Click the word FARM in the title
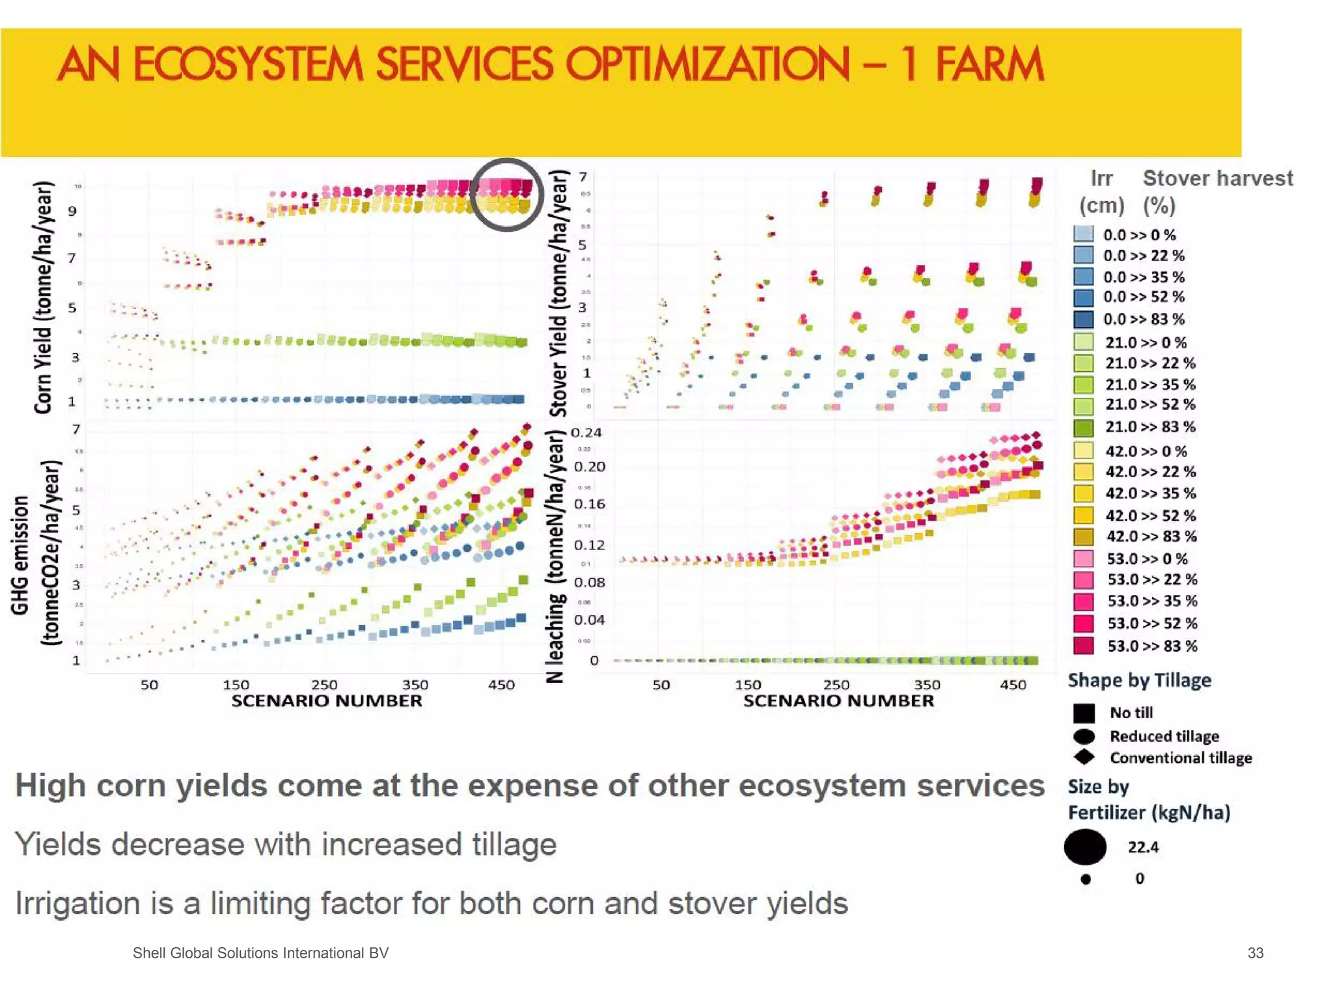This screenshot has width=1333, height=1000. coord(989,65)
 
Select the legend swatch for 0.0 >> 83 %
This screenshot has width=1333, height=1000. coord(1084,319)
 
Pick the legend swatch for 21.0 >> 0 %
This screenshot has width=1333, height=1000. coord(1084,342)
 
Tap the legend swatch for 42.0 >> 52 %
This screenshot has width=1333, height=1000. coord(1084,515)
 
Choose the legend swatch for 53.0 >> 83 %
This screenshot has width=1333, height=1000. coord(1084,645)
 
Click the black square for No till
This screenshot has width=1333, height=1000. coord(1084,713)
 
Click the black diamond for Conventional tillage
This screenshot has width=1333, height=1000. coord(1084,757)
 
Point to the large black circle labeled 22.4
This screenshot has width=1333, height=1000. coord(1085,846)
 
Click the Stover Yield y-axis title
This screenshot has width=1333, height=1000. coord(559,293)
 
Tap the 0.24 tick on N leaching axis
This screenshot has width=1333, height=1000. coord(586,433)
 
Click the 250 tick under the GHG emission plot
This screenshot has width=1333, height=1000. coord(324,684)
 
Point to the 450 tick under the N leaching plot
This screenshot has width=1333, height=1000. coord(1013,684)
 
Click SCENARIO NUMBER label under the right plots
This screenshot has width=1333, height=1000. coord(838,701)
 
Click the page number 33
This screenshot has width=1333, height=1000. coord(1255,953)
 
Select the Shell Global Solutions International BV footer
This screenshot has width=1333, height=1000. coord(260,953)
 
